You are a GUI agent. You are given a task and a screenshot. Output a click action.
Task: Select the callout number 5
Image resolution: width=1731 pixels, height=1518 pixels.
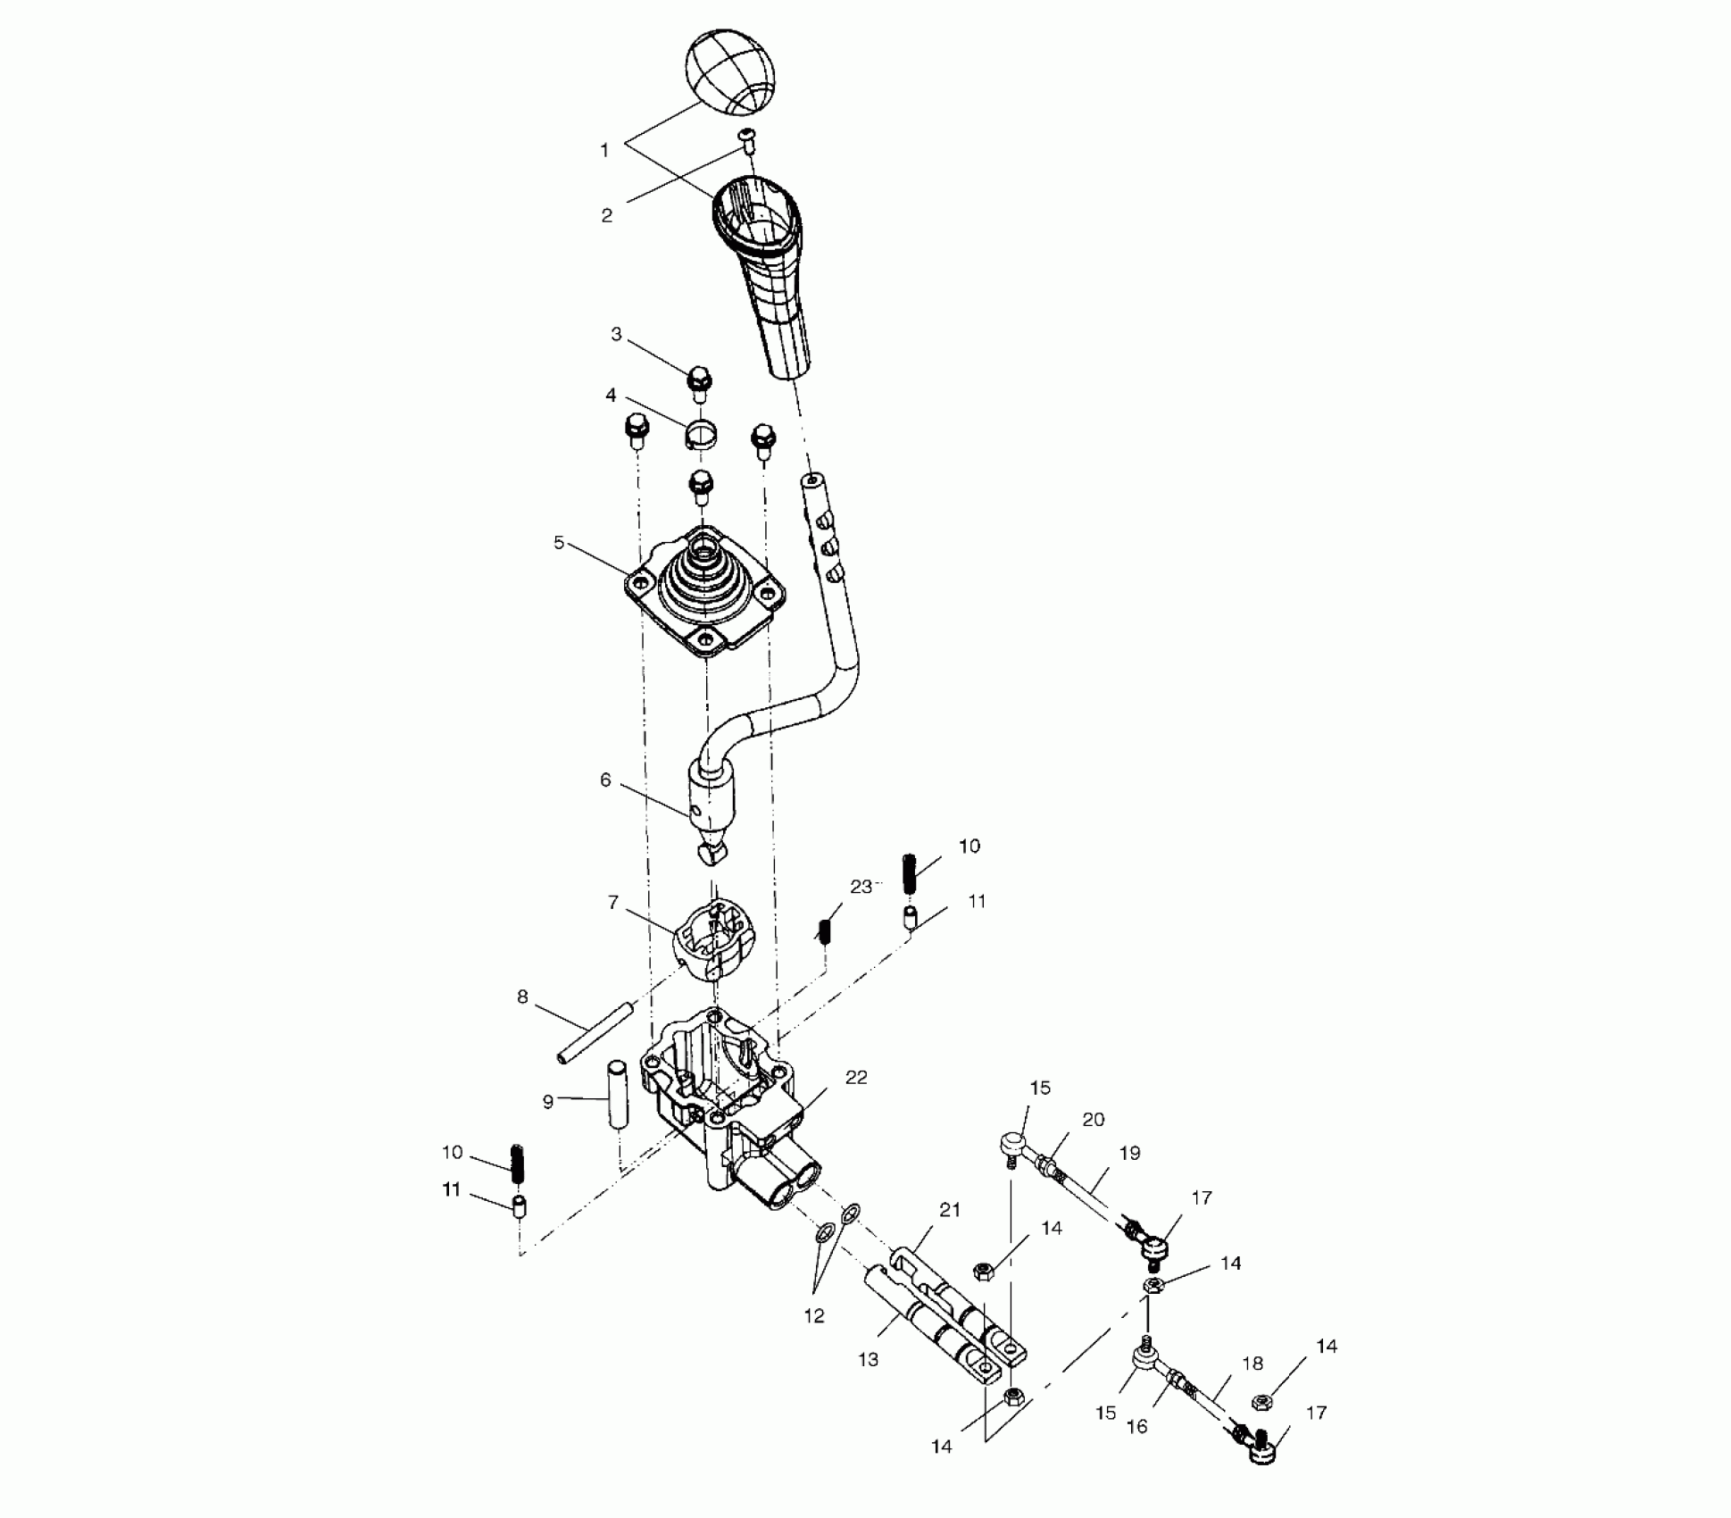point(559,542)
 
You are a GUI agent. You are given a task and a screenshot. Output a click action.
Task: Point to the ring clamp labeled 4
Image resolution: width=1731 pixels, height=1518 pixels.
point(702,435)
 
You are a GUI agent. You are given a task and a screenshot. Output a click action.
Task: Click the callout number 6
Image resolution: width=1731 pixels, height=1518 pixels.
point(605,780)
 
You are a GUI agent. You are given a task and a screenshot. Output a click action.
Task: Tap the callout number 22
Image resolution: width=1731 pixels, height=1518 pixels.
point(856,1078)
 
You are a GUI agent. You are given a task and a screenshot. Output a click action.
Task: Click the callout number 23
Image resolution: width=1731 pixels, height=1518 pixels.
point(861,887)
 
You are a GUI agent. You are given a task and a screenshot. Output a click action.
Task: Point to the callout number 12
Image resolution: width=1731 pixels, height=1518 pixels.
point(814,1315)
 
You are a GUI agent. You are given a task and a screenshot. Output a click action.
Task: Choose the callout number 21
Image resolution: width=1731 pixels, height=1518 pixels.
point(950,1210)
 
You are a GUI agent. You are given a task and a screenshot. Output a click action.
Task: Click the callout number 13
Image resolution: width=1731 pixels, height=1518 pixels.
point(868,1359)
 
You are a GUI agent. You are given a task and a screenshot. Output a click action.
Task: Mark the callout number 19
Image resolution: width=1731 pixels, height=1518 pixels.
point(1130,1153)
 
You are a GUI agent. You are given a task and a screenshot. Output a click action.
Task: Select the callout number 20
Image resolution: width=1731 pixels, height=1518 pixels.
point(1094,1119)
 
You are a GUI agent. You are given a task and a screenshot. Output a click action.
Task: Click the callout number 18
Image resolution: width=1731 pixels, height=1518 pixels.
point(1252,1364)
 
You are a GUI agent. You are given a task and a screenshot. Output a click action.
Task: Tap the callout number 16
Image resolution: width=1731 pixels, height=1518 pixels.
point(1137,1427)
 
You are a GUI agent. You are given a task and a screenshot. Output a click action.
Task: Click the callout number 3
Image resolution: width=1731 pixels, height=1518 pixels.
point(616,334)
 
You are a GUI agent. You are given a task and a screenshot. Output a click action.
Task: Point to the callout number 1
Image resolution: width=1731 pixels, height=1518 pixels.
point(604,150)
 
